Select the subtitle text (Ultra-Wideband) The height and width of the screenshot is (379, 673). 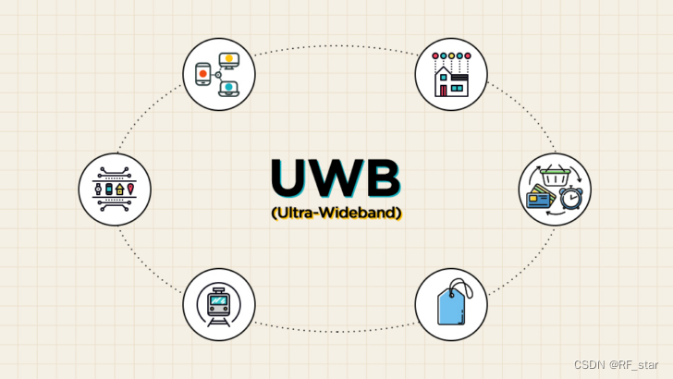[336, 213]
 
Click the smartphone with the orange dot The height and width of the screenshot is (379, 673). [203, 73]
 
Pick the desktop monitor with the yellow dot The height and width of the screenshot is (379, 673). [227, 61]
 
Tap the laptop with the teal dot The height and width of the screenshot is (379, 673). [227, 88]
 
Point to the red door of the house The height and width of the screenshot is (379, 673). [446, 91]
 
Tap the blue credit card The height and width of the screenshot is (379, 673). [539, 197]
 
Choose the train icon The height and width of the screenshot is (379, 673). [219, 304]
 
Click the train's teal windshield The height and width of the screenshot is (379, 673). [219, 300]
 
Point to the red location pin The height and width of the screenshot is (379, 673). [130, 189]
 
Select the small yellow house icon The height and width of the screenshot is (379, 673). [119, 189]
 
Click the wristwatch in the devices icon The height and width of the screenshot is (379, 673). [98, 189]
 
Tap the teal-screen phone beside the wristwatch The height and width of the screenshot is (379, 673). [108, 189]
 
